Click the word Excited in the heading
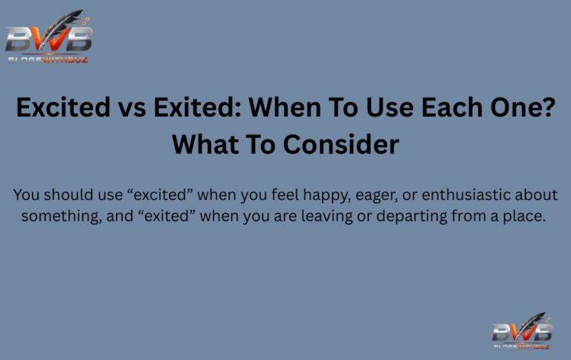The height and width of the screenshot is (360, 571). pos(62,109)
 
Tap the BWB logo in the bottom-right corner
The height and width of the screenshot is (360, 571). pos(522,331)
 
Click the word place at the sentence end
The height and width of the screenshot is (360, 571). pos(525,216)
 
